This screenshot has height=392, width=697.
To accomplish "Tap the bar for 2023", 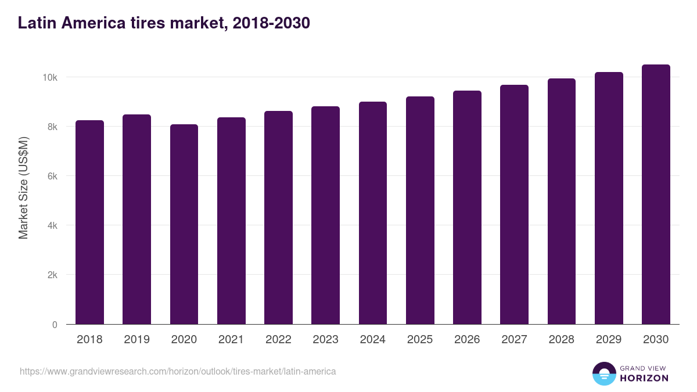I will pyautogui.click(x=325, y=215).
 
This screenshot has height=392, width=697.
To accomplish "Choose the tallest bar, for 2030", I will pyautogui.click(x=656, y=195).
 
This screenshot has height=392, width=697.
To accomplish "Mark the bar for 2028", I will pyautogui.click(x=561, y=202).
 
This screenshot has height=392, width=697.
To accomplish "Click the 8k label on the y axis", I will pyautogui.click(x=51, y=127).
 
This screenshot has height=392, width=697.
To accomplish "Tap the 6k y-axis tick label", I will pyautogui.click(x=51, y=176).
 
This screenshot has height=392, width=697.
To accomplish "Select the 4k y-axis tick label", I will pyautogui.click(x=51, y=225).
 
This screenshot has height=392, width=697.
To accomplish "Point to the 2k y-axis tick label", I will pyautogui.click(x=51, y=275).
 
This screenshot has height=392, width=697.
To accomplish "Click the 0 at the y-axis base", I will pyautogui.click(x=55, y=325).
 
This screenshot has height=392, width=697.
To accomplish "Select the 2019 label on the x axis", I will pyautogui.click(x=136, y=340).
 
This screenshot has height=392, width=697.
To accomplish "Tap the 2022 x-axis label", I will pyautogui.click(x=278, y=340).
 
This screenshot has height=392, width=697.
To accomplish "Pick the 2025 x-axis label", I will pyautogui.click(x=420, y=340).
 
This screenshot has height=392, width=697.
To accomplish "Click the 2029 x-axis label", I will pyautogui.click(x=609, y=340).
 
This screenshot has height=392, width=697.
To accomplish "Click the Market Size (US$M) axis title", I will pyautogui.click(x=23, y=188).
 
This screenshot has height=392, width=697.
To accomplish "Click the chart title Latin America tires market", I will pyautogui.click(x=164, y=23).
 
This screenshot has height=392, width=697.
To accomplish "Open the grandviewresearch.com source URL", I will pyautogui.click(x=178, y=371).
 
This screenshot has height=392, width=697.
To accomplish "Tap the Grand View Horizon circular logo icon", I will pyautogui.click(x=603, y=373).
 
